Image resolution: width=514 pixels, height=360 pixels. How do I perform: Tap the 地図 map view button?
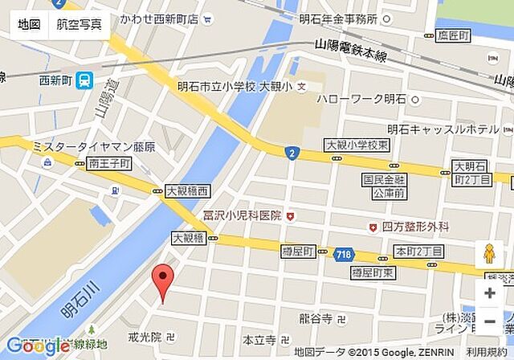(x=29, y=24)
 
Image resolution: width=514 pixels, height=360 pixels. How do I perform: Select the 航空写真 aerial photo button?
(x=79, y=24)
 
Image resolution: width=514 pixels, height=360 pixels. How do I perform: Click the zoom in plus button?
(x=489, y=292)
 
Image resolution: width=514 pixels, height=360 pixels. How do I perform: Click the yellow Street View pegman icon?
(x=489, y=256)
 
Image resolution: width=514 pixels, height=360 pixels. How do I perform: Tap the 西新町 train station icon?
(x=86, y=80)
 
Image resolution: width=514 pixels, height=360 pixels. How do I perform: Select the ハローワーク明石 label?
(x=361, y=99)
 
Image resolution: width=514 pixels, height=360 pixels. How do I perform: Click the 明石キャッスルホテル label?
(x=443, y=129)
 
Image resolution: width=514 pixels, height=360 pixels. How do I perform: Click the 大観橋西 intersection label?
(x=187, y=191)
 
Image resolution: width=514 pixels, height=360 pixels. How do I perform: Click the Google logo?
(x=35, y=346)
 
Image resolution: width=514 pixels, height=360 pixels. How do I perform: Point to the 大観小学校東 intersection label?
(x=357, y=145)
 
